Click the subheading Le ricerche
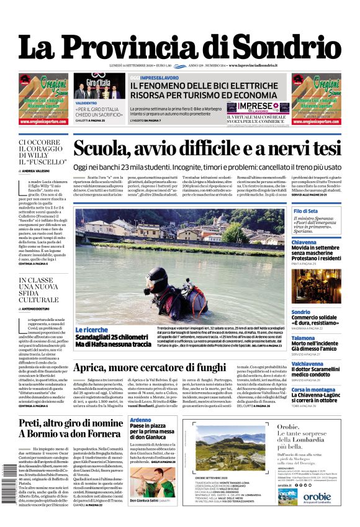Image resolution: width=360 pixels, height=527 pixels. tap(91, 329)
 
